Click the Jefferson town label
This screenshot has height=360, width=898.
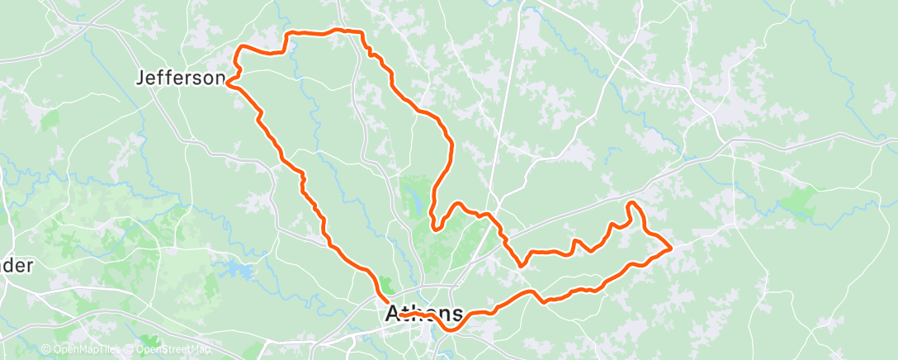tap(179, 78)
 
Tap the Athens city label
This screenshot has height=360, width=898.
tap(424, 313)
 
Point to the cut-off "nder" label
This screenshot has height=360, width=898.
tap(17, 266)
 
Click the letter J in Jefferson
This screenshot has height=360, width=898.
tap(139, 78)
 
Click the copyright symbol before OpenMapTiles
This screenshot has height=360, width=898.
tap(45, 350)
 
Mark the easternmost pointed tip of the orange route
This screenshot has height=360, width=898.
tap(671, 247)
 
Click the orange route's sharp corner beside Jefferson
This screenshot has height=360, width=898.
tap(228, 83)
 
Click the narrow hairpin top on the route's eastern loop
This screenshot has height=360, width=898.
tap(633, 203)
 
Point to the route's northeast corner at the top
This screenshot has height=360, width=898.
tap(360, 32)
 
